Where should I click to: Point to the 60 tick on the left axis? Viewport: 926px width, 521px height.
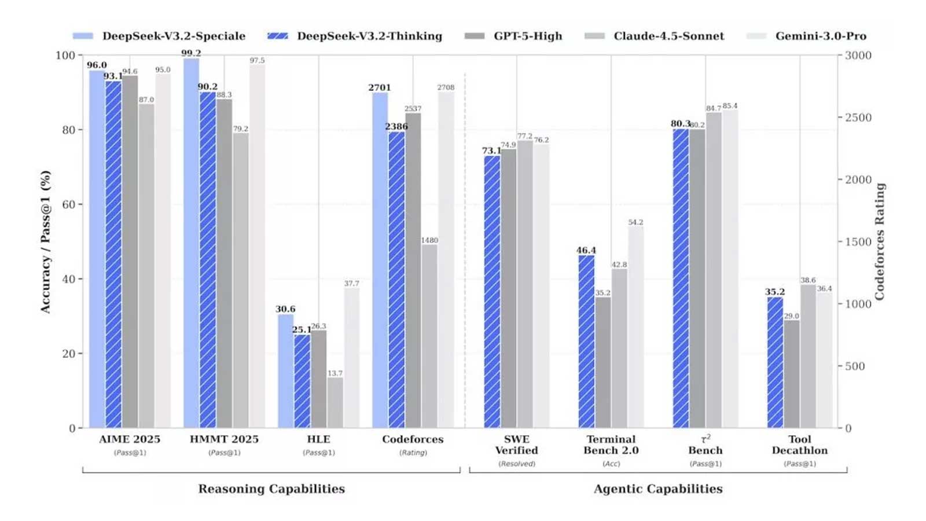point(68,204)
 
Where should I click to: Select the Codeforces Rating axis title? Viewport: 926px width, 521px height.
point(880,241)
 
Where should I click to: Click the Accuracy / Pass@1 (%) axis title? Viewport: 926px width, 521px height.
point(46,241)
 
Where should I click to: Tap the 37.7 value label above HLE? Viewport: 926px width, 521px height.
point(351,284)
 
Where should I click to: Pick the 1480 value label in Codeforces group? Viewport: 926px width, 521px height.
point(429,240)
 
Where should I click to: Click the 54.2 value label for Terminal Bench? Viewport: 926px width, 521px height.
point(635,222)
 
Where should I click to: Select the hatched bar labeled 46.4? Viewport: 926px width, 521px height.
point(586,342)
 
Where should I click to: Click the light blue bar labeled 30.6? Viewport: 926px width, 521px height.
point(285,370)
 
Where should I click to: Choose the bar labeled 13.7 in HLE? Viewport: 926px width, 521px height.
point(335,402)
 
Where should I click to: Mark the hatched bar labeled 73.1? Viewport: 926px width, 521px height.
point(492,292)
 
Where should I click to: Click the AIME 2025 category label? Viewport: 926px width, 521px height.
point(130,439)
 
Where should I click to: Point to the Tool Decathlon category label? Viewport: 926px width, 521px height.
point(799,445)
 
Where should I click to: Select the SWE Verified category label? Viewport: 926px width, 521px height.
point(516,445)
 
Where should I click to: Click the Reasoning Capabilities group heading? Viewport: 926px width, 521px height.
point(271,489)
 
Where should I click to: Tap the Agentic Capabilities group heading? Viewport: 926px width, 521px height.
point(658,489)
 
